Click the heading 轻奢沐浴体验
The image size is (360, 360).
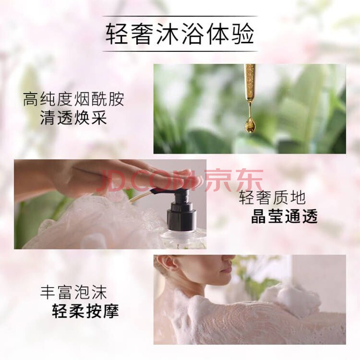[180, 35]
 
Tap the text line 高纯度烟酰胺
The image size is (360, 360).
[74, 99]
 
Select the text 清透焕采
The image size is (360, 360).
[74, 118]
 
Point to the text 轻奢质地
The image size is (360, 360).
[272, 198]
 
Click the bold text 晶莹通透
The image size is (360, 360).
[284, 216]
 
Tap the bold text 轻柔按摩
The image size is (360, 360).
[85, 311]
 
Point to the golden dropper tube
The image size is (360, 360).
[250, 83]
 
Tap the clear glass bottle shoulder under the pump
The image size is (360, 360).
[181, 239]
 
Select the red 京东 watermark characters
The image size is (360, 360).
[234, 180]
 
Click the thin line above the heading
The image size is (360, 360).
[180, 16]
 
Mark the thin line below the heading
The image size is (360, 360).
[180, 51]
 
